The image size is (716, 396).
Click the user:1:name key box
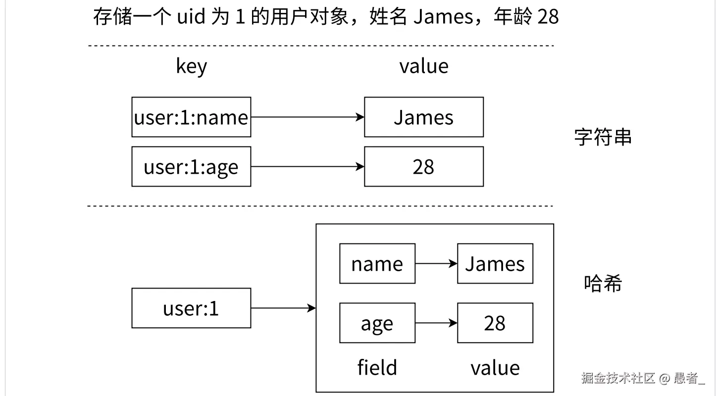pyautogui.click(x=191, y=117)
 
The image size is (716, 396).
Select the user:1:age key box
pyautogui.click(x=191, y=167)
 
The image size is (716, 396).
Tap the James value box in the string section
pyautogui.click(x=424, y=117)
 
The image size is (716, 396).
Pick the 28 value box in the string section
pyautogui.click(x=424, y=167)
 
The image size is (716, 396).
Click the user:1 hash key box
pyautogui.click(x=191, y=308)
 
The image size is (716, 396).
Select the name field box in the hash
pyautogui.click(x=377, y=264)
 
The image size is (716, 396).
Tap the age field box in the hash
pyautogui.click(x=377, y=323)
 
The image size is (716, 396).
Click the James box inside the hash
pyautogui.click(x=495, y=264)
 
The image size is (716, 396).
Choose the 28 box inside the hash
pyautogui.click(x=495, y=323)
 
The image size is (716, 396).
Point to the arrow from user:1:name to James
pyautogui.click(x=307, y=117)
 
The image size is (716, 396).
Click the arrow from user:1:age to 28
pyautogui.click(x=307, y=167)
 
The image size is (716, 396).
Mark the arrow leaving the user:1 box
pyautogui.click(x=283, y=308)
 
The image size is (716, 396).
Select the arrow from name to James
pyautogui.click(x=436, y=264)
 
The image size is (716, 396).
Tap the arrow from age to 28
pyautogui.click(x=436, y=323)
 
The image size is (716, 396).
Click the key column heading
pyautogui.click(x=191, y=66)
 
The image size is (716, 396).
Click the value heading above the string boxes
pyautogui.click(x=424, y=66)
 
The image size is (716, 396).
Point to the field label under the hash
pyautogui.click(x=377, y=368)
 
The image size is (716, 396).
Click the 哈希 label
pyautogui.click(x=603, y=284)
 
